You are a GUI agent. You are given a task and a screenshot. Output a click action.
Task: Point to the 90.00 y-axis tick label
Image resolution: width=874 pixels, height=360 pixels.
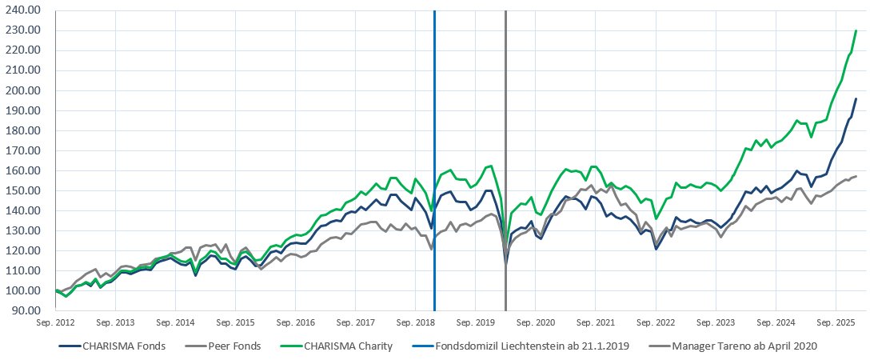26,310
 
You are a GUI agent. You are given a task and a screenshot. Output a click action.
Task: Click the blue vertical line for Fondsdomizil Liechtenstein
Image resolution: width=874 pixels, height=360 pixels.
434,160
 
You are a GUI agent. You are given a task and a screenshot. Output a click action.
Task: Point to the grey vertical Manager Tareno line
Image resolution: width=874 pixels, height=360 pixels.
505,160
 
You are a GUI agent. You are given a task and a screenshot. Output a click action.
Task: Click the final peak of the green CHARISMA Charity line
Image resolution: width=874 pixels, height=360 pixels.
856,30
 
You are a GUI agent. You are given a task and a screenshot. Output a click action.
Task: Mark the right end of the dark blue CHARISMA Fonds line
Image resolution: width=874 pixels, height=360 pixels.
856,98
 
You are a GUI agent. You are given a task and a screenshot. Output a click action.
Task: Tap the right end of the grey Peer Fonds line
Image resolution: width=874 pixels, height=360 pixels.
856,176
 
